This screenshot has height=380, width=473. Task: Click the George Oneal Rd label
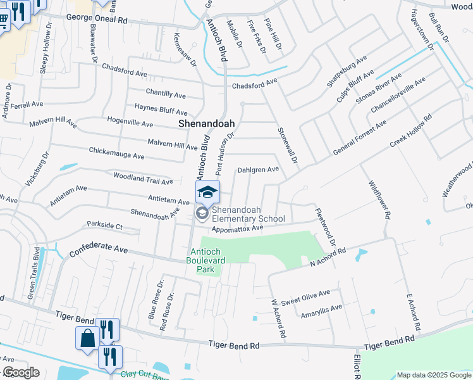[97, 20]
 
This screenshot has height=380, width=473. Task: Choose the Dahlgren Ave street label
[258, 170]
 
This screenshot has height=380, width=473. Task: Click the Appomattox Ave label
[237, 228]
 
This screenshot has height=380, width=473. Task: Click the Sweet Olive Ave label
[306, 294]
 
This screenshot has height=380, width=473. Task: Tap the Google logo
[20, 372]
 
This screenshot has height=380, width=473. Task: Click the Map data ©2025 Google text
[434, 375]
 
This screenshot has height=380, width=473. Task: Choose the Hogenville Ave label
[130, 123]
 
